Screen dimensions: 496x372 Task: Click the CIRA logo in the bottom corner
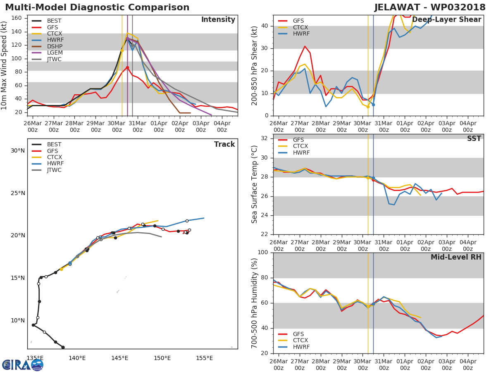[23, 365]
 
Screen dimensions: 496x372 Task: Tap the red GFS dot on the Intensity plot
[127, 68]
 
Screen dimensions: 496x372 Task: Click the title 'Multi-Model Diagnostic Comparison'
[97, 7]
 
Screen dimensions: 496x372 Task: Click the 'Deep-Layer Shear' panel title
[446, 20]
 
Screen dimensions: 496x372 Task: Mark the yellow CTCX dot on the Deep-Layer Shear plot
[368, 107]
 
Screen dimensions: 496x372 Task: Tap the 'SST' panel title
[474, 138]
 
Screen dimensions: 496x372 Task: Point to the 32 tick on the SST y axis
[265, 138]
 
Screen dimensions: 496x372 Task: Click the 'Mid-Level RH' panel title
[456, 257]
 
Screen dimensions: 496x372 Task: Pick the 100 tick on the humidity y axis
[263, 252]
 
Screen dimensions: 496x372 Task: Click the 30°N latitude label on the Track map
[18, 150]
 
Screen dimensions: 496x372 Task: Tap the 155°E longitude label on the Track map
[205, 358]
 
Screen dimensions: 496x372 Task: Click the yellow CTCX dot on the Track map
[61, 269]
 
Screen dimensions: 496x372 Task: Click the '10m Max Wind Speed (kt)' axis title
[3, 65]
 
